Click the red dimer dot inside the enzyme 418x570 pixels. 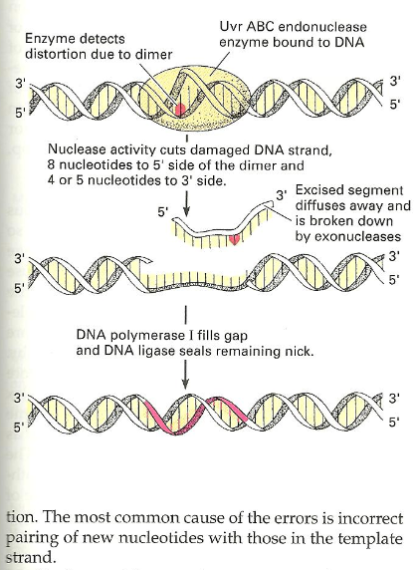(x=180, y=110)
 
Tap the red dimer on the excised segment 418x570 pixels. (x=235, y=239)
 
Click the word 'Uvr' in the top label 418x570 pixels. (x=229, y=27)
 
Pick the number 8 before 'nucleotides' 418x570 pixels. (x=51, y=164)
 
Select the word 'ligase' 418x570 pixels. (x=148, y=351)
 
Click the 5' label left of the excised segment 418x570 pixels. (x=163, y=211)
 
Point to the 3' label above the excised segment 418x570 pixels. (x=281, y=195)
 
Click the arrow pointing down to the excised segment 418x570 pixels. (x=186, y=205)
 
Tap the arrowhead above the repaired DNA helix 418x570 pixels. (x=185, y=384)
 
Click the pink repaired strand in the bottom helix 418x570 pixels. (x=196, y=415)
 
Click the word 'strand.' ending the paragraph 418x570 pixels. (x=30, y=557)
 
